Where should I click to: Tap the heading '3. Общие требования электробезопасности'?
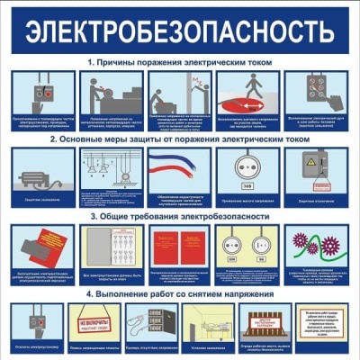(180, 216)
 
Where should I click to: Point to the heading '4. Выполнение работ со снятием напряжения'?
(180, 293)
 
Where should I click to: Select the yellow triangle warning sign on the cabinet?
(317, 162)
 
